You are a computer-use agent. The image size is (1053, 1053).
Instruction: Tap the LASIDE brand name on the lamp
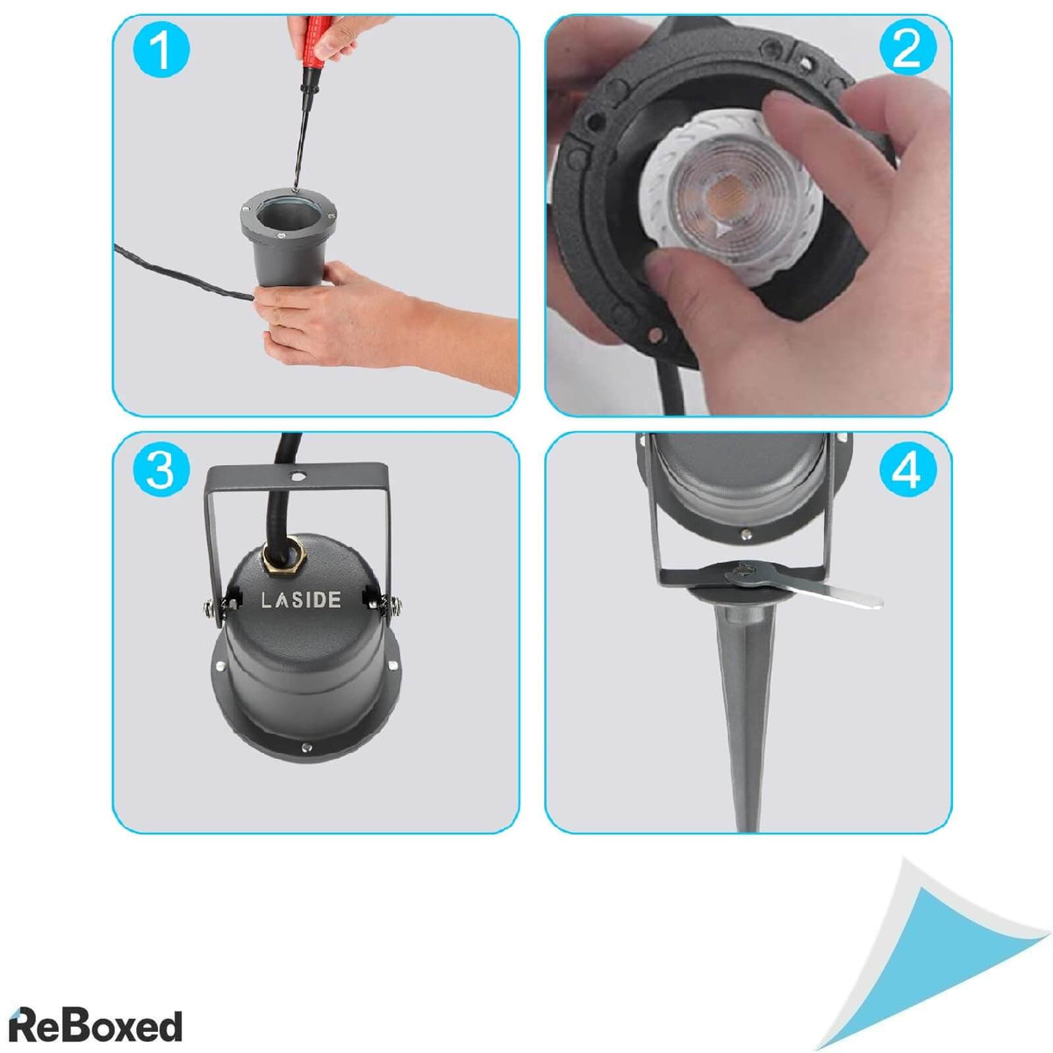(301, 600)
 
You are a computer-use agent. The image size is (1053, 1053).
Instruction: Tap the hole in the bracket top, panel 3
(297, 476)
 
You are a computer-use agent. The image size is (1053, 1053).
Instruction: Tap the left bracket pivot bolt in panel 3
(211, 606)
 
